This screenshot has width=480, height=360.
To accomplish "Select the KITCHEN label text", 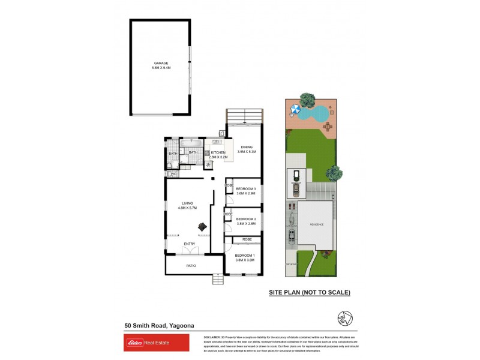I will [x=218, y=153].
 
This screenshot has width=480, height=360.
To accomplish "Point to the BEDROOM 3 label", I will [x=246, y=189].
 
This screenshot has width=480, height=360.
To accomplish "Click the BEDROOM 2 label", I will [x=246, y=219].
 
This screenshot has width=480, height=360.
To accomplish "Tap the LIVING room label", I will [x=179, y=203].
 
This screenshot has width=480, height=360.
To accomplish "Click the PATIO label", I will [x=191, y=265].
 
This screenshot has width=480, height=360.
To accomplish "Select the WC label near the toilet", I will [x=173, y=175].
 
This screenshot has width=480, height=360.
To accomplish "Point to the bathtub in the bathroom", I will [x=193, y=145].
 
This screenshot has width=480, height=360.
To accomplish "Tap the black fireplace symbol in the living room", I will [x=203, y=226].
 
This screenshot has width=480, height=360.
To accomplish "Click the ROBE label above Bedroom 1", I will [x=247, y=239].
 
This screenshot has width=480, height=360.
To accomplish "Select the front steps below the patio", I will [x=217, y=279].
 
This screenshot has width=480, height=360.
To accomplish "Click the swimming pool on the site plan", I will [x=314, y=112].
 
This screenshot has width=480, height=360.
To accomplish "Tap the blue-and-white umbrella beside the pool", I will [x=295, y=109].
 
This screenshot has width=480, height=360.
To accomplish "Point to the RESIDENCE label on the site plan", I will [x=316, y=224].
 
